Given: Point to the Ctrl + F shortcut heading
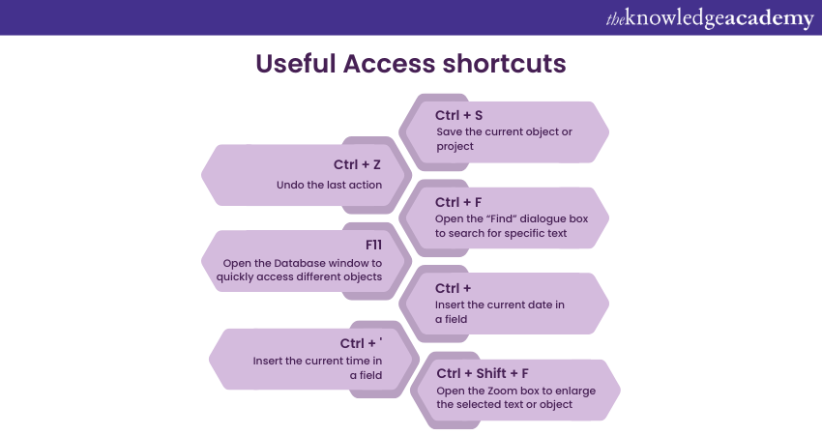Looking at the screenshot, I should tap(458, 202).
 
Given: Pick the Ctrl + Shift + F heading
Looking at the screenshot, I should tap(483, 373).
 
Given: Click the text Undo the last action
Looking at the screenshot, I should tap(330, 185).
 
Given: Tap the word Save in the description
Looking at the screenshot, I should tap(449, 131).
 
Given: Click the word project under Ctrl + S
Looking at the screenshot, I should tap(454, 146).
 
